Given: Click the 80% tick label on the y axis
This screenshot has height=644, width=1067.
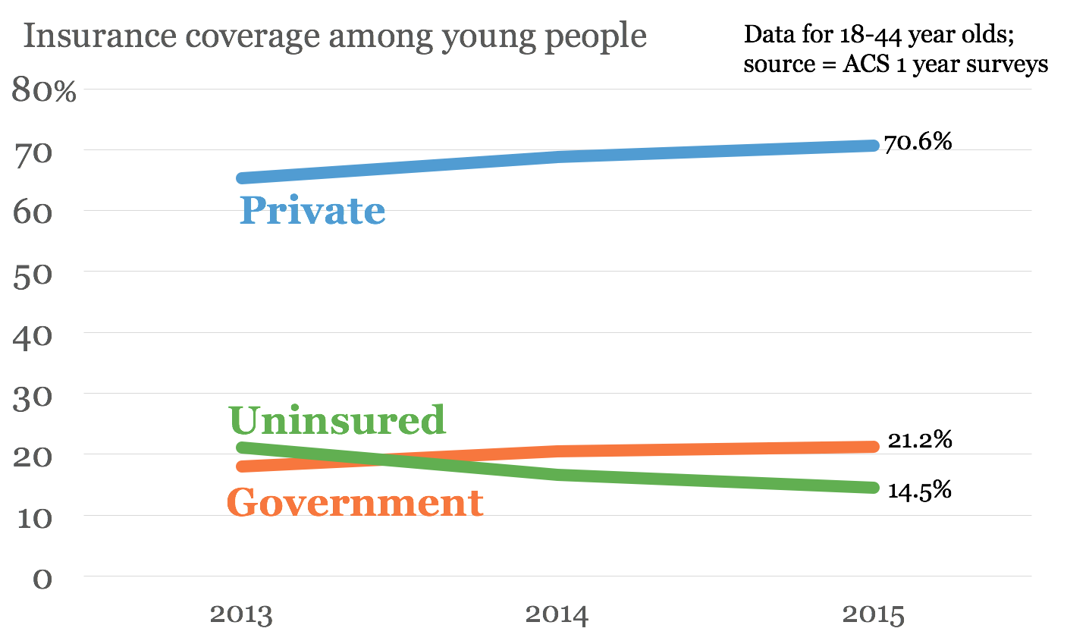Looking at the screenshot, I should (44, 91).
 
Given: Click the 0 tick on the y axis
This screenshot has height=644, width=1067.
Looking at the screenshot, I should (42, 579).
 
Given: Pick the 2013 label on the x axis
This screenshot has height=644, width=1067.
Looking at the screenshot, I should (241, 614).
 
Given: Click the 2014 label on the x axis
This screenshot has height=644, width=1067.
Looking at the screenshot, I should (557, 614).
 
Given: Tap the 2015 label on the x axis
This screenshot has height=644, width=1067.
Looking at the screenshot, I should (874, 614).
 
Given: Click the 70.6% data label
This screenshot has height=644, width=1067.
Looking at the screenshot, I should (918, 142).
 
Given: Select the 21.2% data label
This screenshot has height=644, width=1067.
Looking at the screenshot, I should (919, 440).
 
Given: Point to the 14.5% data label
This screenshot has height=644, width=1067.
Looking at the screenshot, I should (919, 491).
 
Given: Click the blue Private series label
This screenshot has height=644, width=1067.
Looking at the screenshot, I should (312, 210).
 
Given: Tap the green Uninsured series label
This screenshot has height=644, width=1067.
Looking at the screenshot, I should (337, 420).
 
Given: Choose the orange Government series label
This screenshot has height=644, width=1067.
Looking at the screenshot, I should (355, 502).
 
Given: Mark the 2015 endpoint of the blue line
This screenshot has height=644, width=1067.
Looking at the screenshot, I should (872, 145).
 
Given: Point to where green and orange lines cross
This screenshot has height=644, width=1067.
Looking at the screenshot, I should (377, 459).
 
